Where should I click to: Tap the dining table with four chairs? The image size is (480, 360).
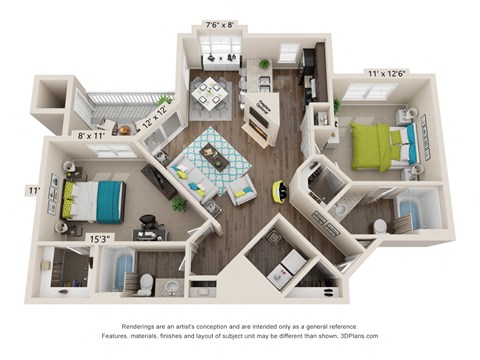point(211,91)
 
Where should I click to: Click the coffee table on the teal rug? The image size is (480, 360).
point(215,156)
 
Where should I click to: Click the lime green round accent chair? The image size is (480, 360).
point(279,187)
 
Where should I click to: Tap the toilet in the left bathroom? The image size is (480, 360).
point(145,283)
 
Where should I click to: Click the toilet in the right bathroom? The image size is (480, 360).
point(380,226)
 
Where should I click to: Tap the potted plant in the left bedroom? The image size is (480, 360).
point(179,203)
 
